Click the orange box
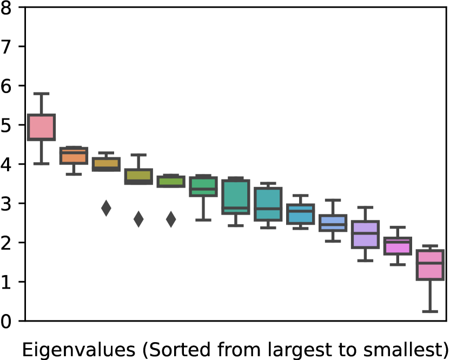(74, 156)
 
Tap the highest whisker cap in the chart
(41, 94)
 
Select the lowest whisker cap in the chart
(430, 311)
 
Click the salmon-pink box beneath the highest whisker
(41, 128)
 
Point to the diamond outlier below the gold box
(106, 208)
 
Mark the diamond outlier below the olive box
(138, 219)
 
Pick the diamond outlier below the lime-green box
(171, 219)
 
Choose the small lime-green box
(171, 182)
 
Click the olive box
(138, 176)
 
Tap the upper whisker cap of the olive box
(138, 155)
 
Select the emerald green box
(203, 186)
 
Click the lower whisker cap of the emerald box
(203, 220)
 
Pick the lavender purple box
(365, 234)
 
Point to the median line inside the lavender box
(365, 233)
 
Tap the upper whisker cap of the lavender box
(365, 207)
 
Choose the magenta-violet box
(398, 246)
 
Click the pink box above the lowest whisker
(430, 265)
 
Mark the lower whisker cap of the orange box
(74, 174)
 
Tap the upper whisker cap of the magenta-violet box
(398, 228)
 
